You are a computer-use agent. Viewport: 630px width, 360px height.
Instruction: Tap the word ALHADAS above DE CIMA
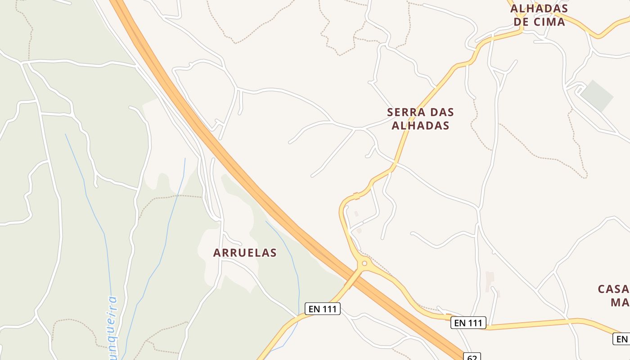click(539, 8)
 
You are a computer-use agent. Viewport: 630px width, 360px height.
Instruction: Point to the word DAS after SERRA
click(442, 112)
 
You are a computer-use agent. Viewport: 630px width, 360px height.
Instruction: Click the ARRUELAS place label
click(245, 253)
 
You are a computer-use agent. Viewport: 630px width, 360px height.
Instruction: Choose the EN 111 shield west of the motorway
click(322, 309)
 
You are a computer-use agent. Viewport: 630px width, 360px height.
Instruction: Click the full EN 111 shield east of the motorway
click(468, 323)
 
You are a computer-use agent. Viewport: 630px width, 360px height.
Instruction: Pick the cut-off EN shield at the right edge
click(621, 339)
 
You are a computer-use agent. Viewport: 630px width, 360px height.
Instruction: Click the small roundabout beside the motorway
click(364, 263)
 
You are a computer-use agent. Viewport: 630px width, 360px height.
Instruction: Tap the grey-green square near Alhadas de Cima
click(597, 96)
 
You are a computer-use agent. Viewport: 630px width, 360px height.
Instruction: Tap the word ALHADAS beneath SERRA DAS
click(420, 126)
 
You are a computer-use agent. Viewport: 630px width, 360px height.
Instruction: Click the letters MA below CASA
click(620, 302)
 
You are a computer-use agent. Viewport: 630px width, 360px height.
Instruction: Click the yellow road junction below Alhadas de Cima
click(522, 31)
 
